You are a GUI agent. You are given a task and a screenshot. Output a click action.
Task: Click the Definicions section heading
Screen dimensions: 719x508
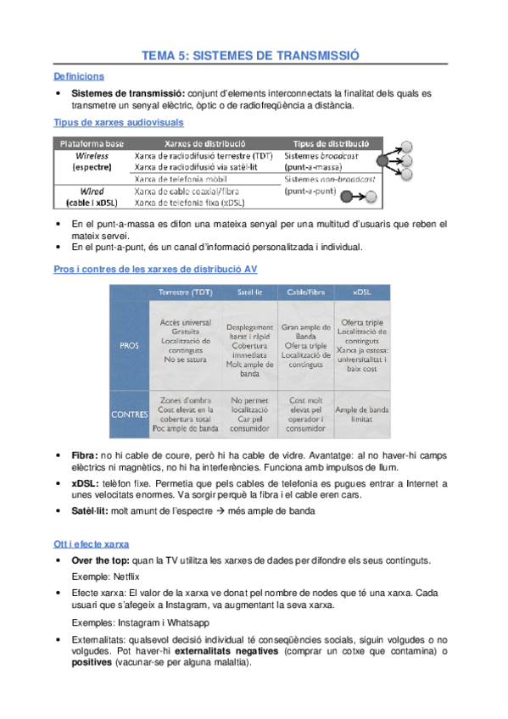click(x=78, y=76)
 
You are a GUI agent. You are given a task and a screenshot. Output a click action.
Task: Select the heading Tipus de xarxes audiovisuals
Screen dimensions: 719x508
click(x=117, y=122)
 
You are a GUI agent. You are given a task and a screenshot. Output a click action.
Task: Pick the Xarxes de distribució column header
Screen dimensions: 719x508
click(x=204, y=143)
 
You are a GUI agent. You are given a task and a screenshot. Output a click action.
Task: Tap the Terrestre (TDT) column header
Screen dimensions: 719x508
click(x=185, y=293)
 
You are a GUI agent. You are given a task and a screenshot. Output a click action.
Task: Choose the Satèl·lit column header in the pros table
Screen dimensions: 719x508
click(x=249, y=293)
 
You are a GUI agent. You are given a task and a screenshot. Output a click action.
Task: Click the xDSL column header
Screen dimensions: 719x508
click(x=361, y=293)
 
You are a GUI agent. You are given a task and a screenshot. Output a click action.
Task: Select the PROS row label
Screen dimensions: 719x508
click(x=127, y=344)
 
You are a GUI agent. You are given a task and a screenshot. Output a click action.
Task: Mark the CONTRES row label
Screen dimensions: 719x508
click(x=129, y=415)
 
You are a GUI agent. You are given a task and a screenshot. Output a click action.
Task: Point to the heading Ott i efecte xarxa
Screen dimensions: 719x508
click(x=92, y=543)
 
